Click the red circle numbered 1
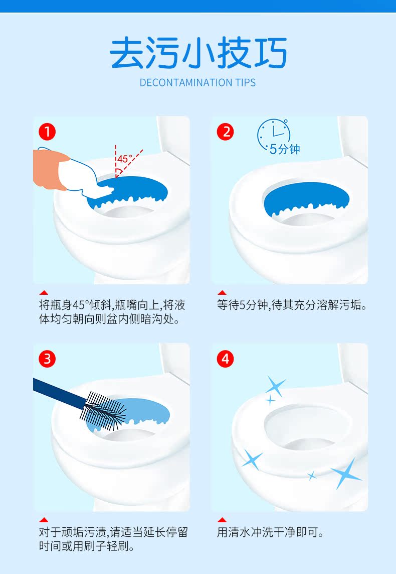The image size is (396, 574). (47, 132)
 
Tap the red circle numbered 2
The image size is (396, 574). (226, 132)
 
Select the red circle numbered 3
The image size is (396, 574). (47, 359)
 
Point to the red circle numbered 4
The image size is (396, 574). (226, 359)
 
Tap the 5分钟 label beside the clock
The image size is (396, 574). (285, 149)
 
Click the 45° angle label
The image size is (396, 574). (125, 159)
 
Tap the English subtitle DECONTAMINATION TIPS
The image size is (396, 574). (197, 83)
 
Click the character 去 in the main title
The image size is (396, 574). (126, 53)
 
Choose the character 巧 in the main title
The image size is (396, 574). (270, 53)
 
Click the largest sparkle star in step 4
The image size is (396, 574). (345, 474)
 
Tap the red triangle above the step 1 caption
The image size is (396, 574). (44, 292)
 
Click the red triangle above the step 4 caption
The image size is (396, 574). (222, 520)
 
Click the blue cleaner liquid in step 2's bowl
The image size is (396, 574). (306, 198)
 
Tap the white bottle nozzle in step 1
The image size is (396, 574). (104, 189)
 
